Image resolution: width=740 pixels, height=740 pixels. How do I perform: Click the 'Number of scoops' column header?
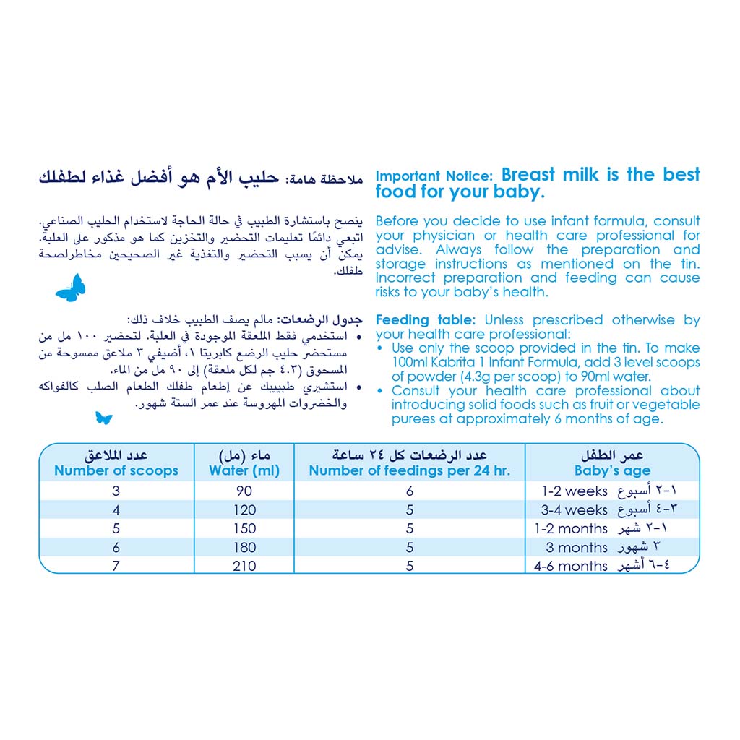[x=116, y=470]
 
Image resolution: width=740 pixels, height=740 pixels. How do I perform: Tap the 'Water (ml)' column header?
[x=244, y=470]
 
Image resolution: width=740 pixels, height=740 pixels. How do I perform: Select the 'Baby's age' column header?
[x=612, y=470]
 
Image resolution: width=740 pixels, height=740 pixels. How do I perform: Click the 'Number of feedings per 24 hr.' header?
[x=409, y=470]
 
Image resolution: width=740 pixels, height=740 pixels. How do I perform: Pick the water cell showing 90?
[x=244, y=491]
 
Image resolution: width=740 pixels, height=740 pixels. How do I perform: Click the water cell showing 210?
[x=244, y=566]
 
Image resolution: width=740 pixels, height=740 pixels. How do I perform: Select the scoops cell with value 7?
[x=116, y=566]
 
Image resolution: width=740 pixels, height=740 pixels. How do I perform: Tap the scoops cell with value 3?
[x=116, y=491]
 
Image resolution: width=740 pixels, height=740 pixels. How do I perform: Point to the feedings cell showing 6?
[x=410, y=491]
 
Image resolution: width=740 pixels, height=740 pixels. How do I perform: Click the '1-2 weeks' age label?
[x=575, y=491]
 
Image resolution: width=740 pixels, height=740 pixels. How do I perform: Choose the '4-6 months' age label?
[x=571, y=567]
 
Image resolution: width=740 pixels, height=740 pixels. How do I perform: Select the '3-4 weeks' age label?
[x=575, y=510]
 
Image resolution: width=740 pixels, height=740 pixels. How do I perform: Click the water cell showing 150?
[x=244, y=529]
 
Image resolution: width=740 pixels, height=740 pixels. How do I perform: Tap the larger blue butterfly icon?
[x=71, y=288]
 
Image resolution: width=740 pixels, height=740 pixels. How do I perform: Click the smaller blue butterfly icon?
[x=103, y=418]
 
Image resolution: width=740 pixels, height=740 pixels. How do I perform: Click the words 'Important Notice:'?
[x=434, y=176]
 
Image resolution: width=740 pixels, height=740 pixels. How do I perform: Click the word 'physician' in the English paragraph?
[x=444, y=236]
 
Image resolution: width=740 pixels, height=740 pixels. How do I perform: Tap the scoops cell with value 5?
[x=116, y=529]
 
